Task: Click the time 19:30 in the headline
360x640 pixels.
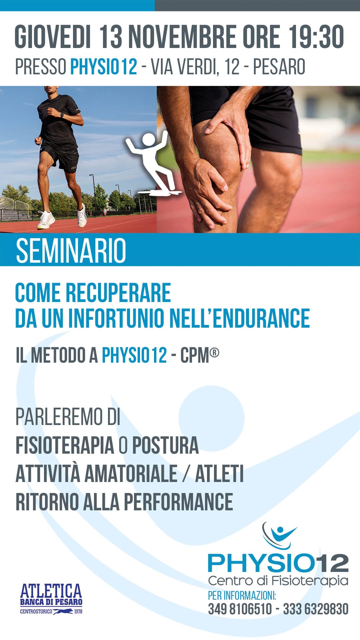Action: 316,37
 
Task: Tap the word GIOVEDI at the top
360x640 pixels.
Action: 53,37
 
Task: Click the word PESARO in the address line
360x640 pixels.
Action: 279,67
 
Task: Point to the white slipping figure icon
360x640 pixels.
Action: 153,163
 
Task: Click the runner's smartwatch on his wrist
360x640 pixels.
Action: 62,115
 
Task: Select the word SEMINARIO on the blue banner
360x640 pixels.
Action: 71,250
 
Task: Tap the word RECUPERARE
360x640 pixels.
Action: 118,293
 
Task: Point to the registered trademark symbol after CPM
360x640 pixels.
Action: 215,352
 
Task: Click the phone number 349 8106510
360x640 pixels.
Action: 240,609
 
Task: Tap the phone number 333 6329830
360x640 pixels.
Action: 316,609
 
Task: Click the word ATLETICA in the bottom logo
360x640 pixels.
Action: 51,591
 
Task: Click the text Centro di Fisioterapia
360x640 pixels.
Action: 278,580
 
